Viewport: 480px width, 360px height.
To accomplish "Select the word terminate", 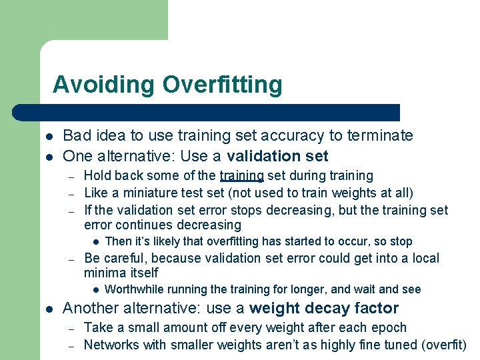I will pyautogui.click(x=379, y=136).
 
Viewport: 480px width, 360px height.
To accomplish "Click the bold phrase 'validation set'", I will pyautogui.click(x=277, y=156).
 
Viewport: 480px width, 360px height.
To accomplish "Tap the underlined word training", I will pyautogui.click(x=242, y=175).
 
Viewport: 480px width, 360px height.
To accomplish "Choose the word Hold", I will pyautogui.click(x=97, y=175).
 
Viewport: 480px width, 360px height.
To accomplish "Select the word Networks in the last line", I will pyautogui.click(x=111, y=345).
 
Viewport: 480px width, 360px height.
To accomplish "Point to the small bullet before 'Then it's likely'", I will pyautogui.click(x=97, y=241).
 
